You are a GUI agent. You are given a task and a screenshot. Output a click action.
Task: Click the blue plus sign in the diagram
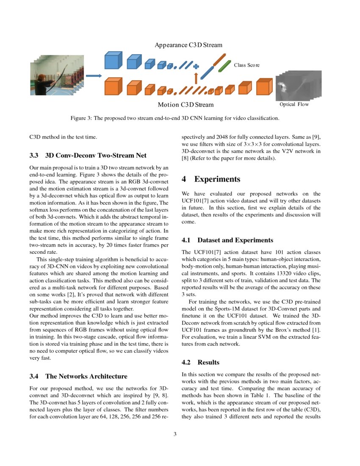(196, 66)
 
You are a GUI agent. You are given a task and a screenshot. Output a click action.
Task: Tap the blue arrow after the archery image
(94, 76)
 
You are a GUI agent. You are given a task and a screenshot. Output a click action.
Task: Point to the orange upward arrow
(196, 78)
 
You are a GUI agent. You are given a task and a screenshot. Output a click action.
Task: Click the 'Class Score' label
(246, 65)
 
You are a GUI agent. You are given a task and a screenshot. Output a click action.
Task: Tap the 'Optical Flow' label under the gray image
(294, 104)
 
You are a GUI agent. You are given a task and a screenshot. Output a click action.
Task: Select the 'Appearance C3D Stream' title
(188, 45)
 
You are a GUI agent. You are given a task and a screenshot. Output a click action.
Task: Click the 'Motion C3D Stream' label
(186, 105)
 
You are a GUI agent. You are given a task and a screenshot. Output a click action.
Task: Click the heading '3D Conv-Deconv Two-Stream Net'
(96, 155)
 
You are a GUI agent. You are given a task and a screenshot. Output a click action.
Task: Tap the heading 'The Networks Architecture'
(86, 376)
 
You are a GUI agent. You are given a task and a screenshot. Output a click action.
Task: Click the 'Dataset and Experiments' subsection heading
(235, 240)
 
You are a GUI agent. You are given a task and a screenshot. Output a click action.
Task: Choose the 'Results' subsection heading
(208, 362)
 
